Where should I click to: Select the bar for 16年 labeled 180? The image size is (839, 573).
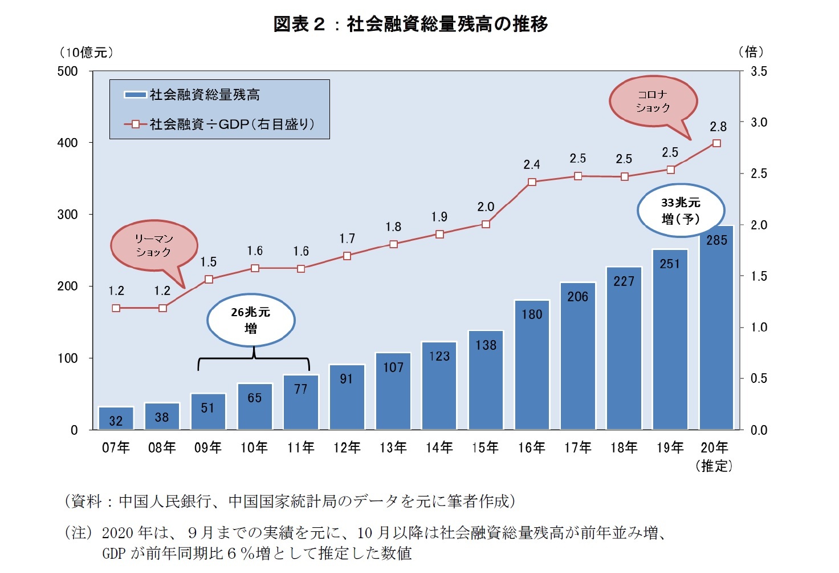coord(532,365)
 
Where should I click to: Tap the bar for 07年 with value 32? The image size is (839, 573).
coord(116,418)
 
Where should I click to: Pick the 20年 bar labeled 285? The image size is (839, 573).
coord(716,328)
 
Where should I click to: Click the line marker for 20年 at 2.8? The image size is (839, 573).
coord(716,143)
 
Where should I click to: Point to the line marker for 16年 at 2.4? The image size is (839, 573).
coord(532,182)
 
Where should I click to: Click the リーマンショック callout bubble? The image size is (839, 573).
coord(153,245)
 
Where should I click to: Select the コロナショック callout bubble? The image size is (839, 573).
coord(653,101)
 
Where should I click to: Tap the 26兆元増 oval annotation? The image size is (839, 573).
coord(251,320)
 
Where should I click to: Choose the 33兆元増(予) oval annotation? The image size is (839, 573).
coord(681,211)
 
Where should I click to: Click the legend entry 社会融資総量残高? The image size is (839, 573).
coord(193,95)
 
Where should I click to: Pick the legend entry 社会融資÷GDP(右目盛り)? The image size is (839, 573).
coord(219,124)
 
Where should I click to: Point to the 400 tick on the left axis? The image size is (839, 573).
coord(67,143)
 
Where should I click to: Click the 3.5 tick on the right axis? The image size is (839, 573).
coord(759,71)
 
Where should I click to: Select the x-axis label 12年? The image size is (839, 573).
coord(347,448)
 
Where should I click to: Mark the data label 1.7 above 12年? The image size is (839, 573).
coord(347,239)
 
